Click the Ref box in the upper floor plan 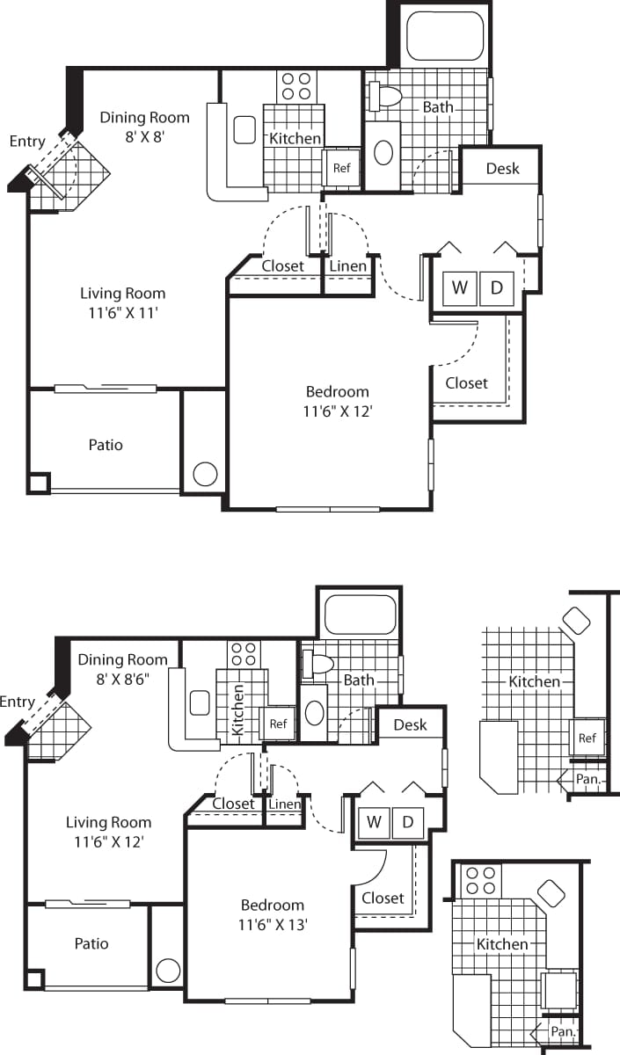click(341, 169)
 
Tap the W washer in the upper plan click(459, 287)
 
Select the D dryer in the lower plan click(408, 822)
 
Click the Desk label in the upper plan click(502, 168)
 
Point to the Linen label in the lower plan click(285, 804)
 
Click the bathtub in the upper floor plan click(445, 35)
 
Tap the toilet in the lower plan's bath click(316, 666)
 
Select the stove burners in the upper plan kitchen click(296, 85)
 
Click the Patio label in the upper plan click(106, 445)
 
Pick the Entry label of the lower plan click(18, 702)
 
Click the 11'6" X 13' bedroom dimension click(273, 924)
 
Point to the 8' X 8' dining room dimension click(144, 136)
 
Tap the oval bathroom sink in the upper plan click(383, 153)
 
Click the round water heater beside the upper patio click(205, 474)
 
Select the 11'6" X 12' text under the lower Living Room click(109, 841)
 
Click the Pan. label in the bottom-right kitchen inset click(563, 1030)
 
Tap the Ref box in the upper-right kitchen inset click(587, 738)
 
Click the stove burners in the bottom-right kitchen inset click(480, 880)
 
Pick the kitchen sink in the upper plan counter click(244, 129)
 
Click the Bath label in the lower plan click(359, 680)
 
